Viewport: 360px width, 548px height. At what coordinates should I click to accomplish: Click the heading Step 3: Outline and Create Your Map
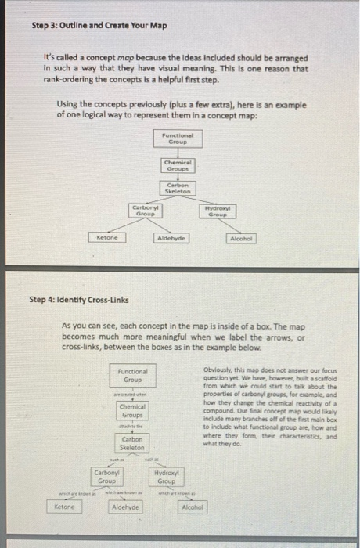[99, 25]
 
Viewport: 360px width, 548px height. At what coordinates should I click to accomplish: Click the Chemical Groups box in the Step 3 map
[179, 164]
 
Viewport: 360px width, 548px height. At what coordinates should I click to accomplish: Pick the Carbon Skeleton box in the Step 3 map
[178, 187]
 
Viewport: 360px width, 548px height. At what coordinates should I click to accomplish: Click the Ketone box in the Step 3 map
[107, 237]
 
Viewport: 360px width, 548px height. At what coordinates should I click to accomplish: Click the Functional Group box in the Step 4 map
[131, 375]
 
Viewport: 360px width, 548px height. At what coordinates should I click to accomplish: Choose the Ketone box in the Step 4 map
[65, 508]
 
